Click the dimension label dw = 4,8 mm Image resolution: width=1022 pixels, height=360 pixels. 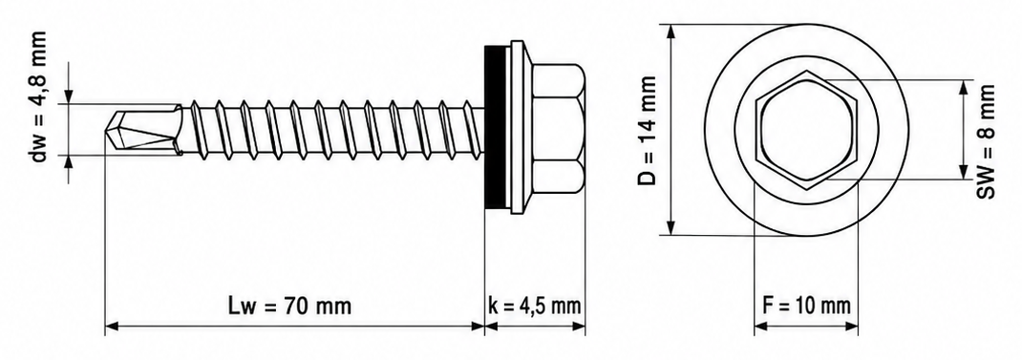(x=40, y=97)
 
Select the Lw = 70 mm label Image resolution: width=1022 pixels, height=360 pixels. (x=289, y=306)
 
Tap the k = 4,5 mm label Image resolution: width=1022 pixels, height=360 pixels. (x=535, y=306)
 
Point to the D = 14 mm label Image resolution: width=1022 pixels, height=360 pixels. (x=647, y=131)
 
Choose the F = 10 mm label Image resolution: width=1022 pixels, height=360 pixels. (x=805, y=306)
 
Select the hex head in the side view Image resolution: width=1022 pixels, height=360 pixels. (x=557, y=129)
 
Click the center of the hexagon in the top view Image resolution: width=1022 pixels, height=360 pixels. (x=806, y=130)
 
